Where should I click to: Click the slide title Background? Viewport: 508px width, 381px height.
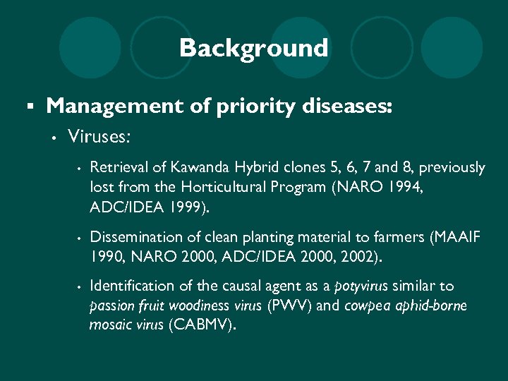pos(253,49)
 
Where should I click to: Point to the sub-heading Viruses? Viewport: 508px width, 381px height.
pos(99,135)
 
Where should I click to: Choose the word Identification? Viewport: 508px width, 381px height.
pos(132,286)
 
